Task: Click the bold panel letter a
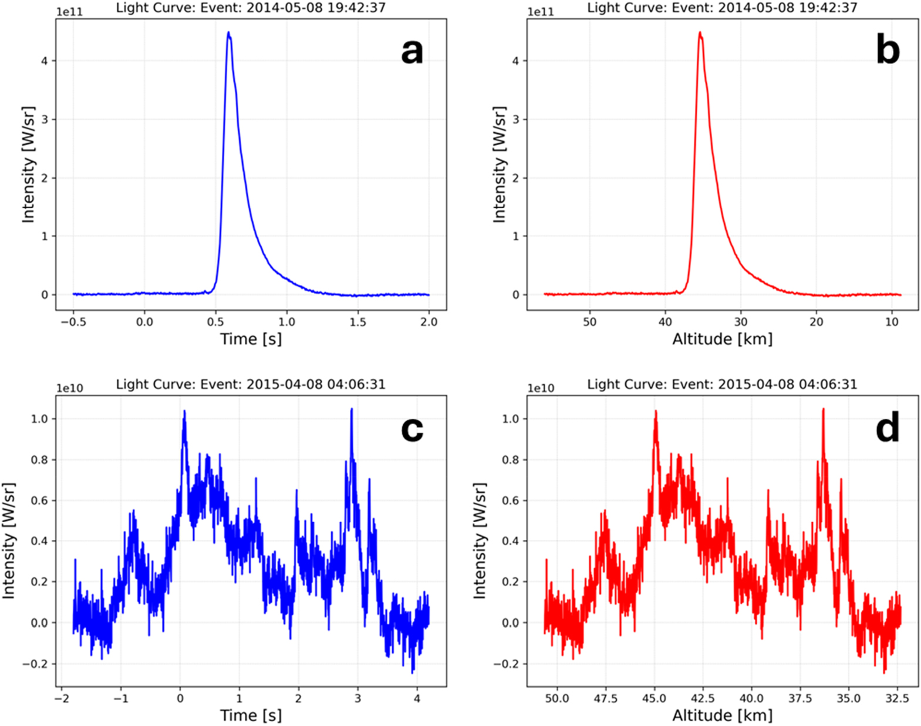click(412, 51)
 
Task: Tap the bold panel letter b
click(888, 51)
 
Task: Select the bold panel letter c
click(412, 429)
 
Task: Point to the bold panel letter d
click(888, 429)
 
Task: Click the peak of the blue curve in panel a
click(228, 33)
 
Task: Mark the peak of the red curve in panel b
click(700, 33)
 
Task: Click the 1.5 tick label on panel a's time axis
click(358, 322)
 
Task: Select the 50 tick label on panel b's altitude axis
click(589, 322)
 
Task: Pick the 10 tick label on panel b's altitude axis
click(892, 322)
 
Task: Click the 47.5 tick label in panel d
click(605, 698)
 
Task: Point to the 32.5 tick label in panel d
click(897, 698)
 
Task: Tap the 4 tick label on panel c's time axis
click(417, 698)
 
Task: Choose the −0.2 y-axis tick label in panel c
click(37, 664)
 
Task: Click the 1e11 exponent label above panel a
click(70, 12)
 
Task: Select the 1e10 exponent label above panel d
click(541, 388)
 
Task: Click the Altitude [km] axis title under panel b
click(722, 339)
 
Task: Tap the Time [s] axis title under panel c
click(251, 715)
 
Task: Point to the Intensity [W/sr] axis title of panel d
click(480, 541)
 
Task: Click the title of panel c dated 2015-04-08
click(251, 384)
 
